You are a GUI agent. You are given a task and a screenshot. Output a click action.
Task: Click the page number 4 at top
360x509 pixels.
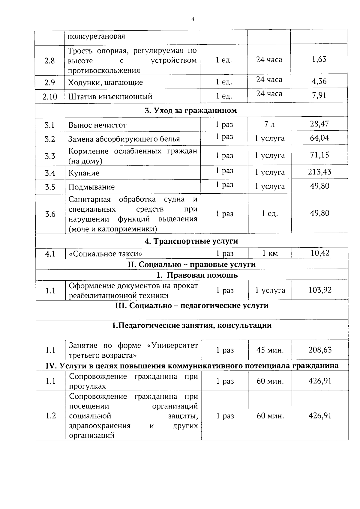193,19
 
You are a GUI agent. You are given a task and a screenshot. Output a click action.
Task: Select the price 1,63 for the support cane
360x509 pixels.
319,59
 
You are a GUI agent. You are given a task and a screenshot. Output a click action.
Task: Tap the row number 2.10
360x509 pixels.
50,97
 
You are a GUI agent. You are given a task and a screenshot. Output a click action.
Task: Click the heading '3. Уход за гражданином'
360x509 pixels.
191,110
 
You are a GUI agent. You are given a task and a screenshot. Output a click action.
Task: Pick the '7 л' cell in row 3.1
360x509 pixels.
269,124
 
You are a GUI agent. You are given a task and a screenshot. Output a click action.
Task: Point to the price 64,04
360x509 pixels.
319,138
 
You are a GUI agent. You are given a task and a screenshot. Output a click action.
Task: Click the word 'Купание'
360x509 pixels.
84,173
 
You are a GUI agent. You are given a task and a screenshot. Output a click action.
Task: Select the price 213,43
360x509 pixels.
319,172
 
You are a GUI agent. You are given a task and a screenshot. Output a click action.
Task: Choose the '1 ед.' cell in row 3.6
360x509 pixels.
270,214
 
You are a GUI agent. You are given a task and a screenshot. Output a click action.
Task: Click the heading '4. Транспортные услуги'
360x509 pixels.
191,241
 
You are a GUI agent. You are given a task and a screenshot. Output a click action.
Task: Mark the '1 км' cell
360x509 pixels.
270,254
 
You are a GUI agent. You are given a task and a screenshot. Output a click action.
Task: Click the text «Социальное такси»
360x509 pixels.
106,254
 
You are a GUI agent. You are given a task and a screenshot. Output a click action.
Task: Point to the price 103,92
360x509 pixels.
320,290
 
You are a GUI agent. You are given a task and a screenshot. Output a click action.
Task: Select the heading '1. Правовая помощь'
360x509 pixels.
197,275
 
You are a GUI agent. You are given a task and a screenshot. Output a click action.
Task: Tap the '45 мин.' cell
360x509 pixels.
270,350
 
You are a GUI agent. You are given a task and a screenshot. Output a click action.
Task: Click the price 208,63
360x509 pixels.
320,350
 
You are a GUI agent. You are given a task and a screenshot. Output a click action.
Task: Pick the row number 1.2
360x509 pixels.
51,415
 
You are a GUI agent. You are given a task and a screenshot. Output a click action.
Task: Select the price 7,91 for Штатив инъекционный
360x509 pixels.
319,95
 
